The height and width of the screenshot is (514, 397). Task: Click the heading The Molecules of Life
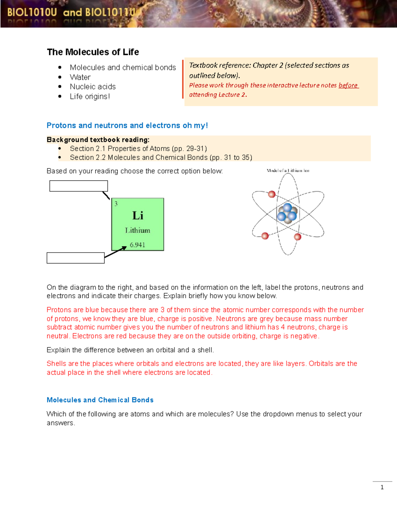tap(93, 52)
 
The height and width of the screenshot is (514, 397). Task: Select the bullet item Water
tap(80, 77)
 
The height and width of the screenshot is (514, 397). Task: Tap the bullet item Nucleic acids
tap(93, 87)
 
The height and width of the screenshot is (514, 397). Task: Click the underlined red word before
tap(348, 85)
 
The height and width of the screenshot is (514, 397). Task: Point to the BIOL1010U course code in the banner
tap(32, 13)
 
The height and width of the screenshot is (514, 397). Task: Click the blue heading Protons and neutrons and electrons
tap(127, 125)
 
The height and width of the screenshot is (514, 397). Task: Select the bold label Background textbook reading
tap(98, 140)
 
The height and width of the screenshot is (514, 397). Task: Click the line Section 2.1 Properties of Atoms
tap(138, 149)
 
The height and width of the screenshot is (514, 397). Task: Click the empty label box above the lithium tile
tap(78, 186)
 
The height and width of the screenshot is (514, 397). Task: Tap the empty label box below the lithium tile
tap(75, 258)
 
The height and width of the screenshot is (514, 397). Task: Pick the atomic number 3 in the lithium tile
tap(116, 204)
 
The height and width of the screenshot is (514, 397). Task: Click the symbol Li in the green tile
tap(138, 216)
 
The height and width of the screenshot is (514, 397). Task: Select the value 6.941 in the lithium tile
tap(137, 245)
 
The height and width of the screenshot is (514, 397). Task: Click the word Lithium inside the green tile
tap(137, 230)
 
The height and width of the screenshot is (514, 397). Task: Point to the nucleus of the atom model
tap(287, 214)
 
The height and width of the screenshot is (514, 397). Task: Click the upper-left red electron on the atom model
tap(272, 194)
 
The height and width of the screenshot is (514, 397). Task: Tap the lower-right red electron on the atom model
tap(297, 237)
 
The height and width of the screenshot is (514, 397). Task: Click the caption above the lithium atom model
tap(288, 171)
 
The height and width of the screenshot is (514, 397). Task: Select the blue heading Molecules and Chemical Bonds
tap(100, 400)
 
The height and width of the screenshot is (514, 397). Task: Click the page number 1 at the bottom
tap(382, 487)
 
